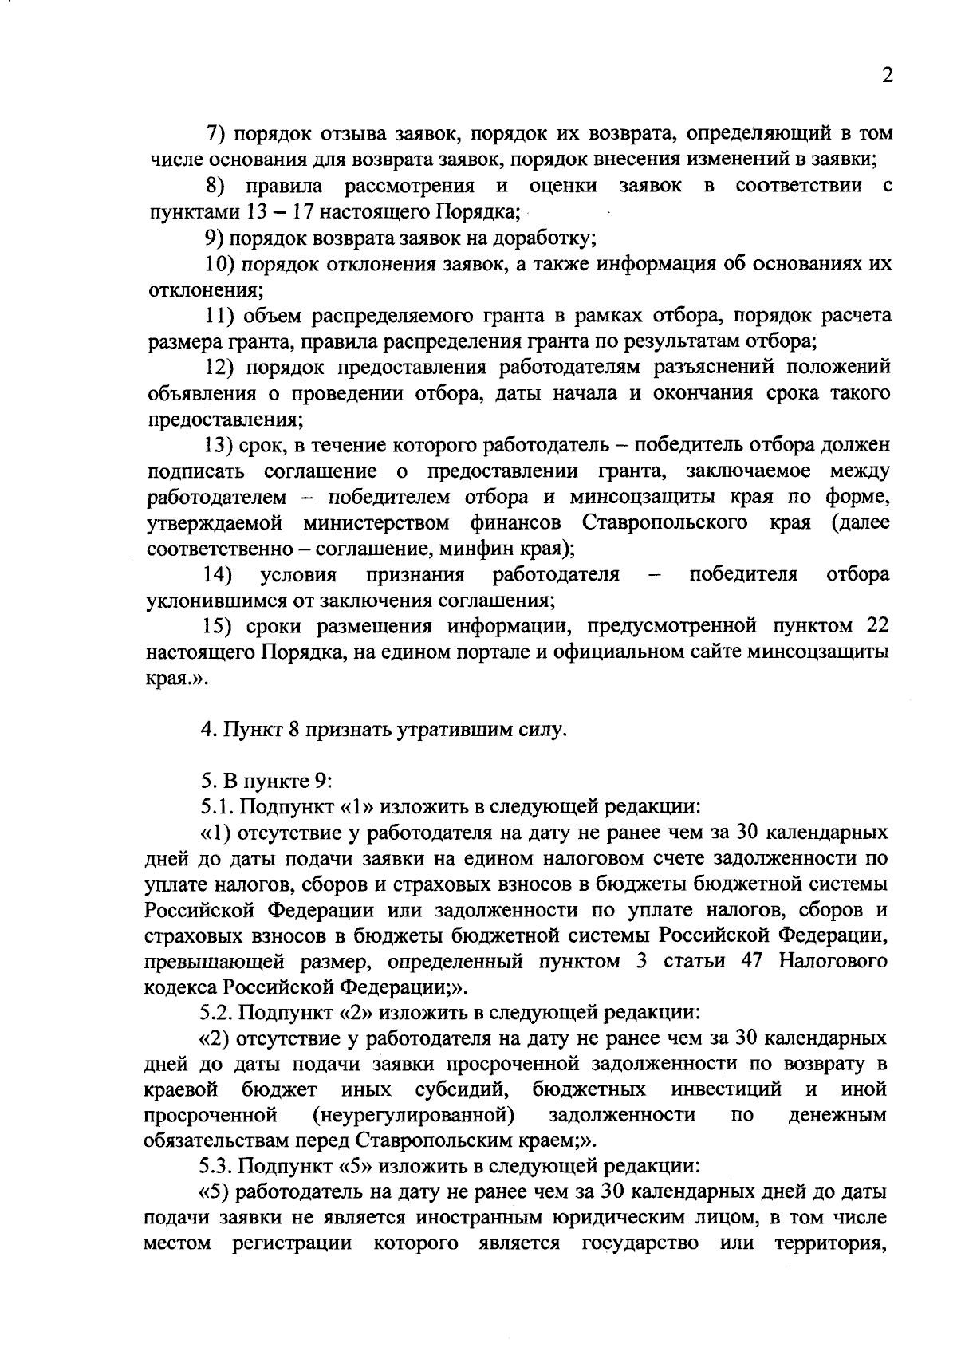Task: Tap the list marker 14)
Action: [218, 575]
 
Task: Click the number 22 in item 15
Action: [876, 626]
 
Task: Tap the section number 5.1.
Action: [215, 806]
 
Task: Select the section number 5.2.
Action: [215, 1013]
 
